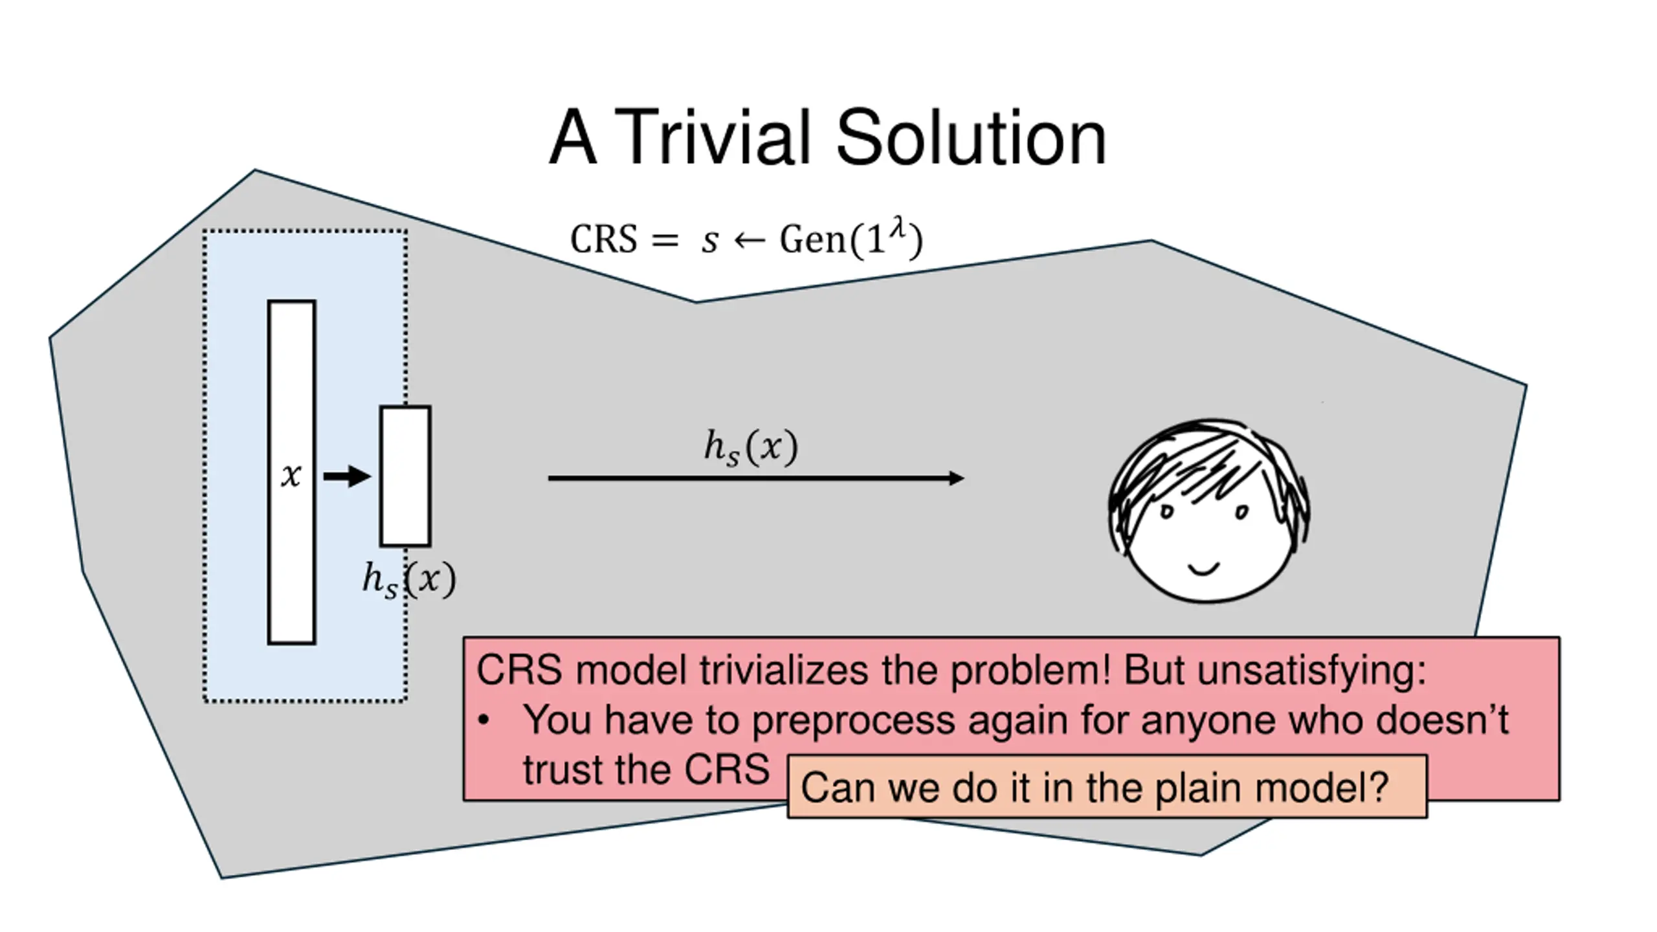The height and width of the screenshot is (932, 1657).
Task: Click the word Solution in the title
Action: click(971, 139)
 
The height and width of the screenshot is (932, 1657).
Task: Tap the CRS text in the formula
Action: click(603, 239)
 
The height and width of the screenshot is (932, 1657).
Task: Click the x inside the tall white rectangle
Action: click(291, 476)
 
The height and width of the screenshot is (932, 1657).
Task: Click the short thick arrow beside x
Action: click(346, 476)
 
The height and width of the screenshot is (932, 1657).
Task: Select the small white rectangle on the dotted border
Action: click(405, 476)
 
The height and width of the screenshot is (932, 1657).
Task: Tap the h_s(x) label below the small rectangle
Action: click(409, 579)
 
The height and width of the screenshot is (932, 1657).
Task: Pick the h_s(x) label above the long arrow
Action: click(751, 447)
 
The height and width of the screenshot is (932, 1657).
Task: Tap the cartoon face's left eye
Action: click(1166, 512)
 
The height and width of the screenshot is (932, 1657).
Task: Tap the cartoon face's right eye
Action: click(1241, 512)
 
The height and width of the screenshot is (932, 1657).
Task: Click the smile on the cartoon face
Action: click(1204, 570)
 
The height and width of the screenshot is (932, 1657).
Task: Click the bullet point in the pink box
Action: click(484, 720)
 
